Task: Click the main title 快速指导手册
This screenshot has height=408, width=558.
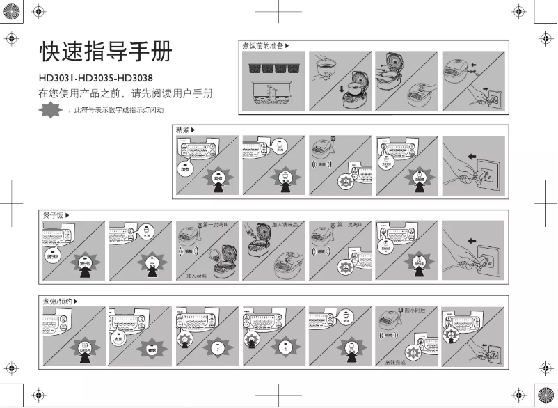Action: pyautogui.click(x=104, y=52)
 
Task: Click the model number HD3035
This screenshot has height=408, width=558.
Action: pyautogui.click(x=96, y=77)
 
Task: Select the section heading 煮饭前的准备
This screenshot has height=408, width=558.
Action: pyautogui.click(x=262, y=46)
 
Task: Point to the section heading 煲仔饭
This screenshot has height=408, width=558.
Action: pyautogui.click(x=53, y=215)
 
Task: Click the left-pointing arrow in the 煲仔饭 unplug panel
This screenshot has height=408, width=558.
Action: pyautogui.click(x=472, y=240)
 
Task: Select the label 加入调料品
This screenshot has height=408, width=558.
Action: pyautogui.click(x=285, y=226)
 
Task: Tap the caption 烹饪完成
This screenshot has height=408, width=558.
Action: pyautogui.click(x=394, y=363)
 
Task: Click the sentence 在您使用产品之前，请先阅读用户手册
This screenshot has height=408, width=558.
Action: pyautogui.click(x=125, y=93)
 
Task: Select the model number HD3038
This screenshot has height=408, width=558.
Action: pyautogui.click(x=135, y=77)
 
